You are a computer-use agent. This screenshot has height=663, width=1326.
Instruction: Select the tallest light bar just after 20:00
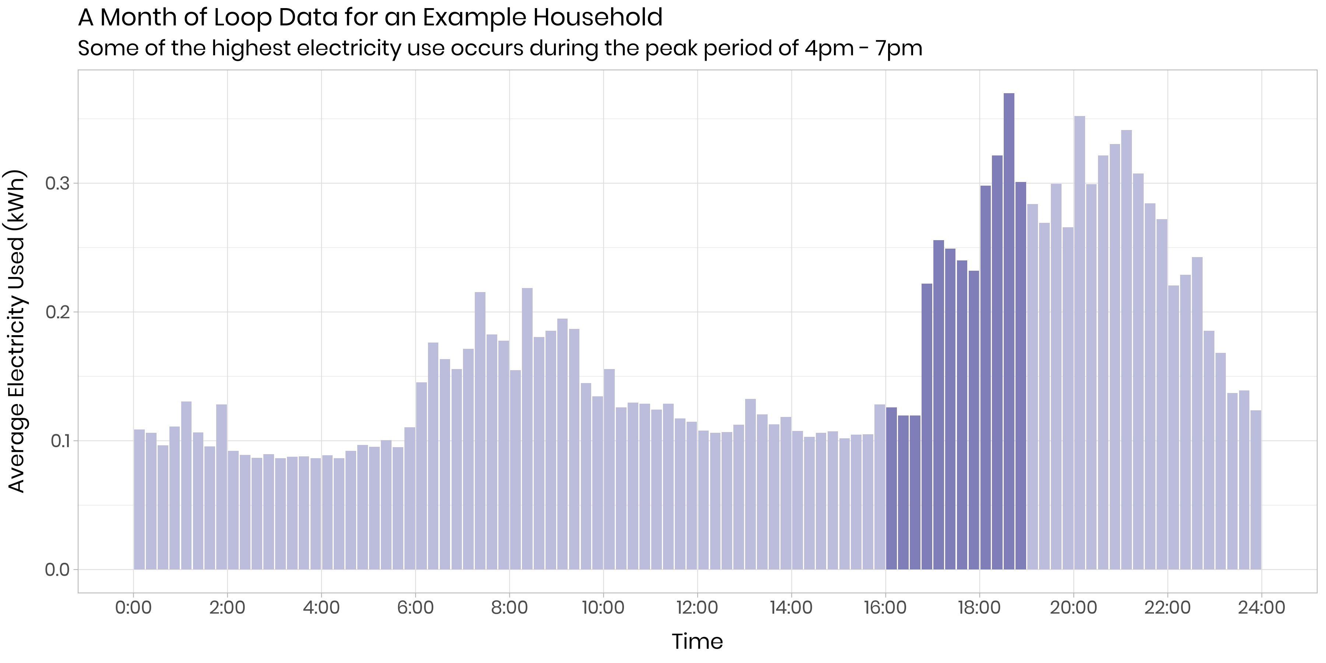tap(1080, 340)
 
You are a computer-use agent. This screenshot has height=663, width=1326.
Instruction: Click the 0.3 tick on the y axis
tap(57, 183)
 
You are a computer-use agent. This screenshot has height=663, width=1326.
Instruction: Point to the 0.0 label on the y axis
tap(57, 570)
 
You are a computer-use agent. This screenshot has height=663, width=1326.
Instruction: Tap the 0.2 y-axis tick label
tap(57, 312)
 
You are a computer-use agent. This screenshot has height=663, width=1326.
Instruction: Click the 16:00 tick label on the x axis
tap(885, 607)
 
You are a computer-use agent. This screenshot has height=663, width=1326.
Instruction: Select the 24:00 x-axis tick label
tap(1261, 607)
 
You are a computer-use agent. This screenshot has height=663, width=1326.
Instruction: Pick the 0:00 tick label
tap(133, 607)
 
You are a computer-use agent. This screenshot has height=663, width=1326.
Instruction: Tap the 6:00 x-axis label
tap(415, 607)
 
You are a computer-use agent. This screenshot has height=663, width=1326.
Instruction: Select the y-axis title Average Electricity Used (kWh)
tap(17, 331)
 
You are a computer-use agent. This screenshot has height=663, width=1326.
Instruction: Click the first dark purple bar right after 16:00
tap(891, 489)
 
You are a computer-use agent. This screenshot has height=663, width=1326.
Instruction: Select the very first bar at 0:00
tap(139, 499)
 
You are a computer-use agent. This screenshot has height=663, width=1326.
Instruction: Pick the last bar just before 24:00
tap(1256, 489)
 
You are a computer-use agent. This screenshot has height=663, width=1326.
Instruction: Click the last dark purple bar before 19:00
tap(1021, 376)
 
